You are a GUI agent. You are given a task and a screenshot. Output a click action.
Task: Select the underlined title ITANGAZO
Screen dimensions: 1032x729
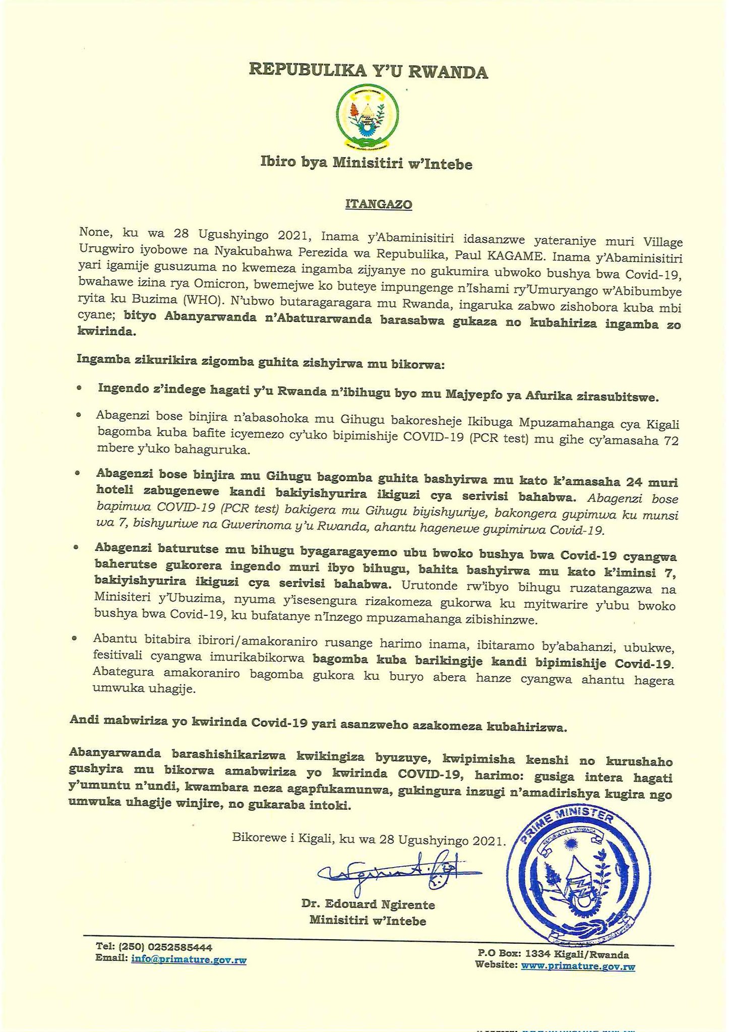coord(379,204)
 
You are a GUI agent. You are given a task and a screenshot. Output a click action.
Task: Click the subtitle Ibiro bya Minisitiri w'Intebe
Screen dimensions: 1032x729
coord(367,163)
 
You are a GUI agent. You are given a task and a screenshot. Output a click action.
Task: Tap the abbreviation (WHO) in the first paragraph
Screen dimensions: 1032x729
coord(201,305)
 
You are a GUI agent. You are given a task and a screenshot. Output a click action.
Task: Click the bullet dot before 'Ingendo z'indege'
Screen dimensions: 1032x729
coord(79,390)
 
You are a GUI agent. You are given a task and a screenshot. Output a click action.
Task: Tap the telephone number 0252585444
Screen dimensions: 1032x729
coord(180,947)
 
